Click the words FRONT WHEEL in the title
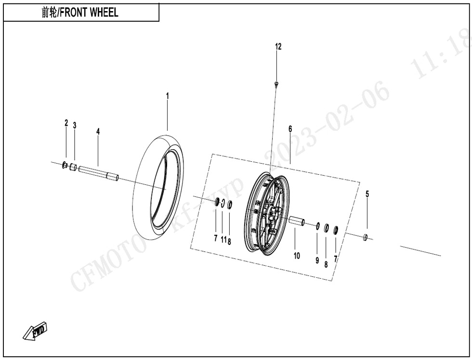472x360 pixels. click(92, 13)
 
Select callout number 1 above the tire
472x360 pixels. click(168, 96)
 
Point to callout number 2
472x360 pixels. click(66, 123)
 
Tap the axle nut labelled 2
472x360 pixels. click(65, 166)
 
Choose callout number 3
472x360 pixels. click(75, 125)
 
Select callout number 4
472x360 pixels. click(98, 131)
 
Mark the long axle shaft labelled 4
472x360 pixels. click(98, 173)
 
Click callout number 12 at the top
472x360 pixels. click(278, 47)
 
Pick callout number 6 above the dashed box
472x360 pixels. click(290, 129)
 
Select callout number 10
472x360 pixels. click(297, 256)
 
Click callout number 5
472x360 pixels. click(367, 194)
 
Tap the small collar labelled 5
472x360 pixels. click(366, 236)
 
